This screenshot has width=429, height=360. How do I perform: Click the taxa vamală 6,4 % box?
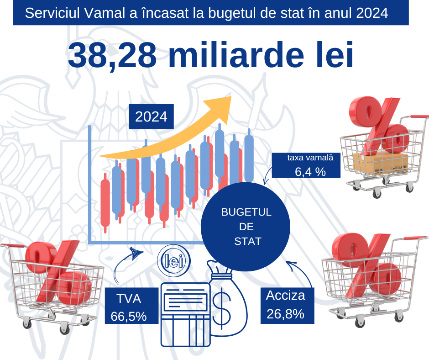[x=306, y=165]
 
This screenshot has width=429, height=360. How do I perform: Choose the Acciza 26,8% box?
[x=285, y=305]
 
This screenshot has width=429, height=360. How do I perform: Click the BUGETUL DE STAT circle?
[x=246, y=226]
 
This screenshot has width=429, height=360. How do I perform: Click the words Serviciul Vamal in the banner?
[x=68, y=13]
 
